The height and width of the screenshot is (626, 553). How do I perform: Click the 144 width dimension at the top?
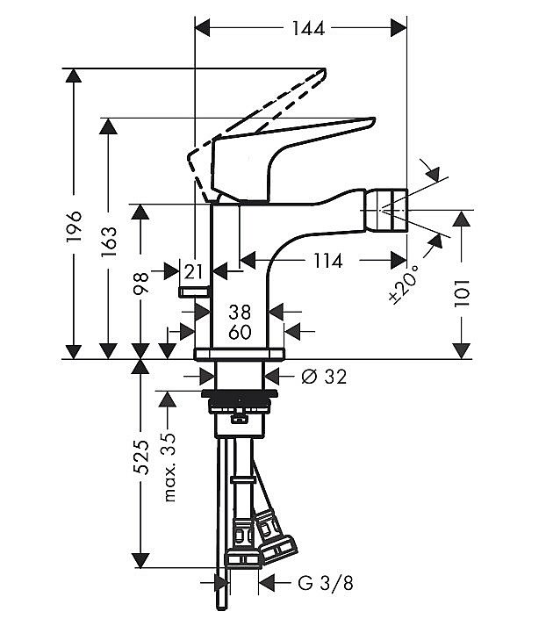(x=308, y=28)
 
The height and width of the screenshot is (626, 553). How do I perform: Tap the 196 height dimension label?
(x=75, y=227)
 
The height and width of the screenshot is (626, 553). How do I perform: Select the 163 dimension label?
(x=109, y=241)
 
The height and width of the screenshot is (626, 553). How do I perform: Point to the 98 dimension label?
(x=140, y=282)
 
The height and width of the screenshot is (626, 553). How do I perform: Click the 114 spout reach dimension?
(x=327, y=261)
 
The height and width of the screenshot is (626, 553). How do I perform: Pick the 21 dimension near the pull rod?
(x=194, y=272)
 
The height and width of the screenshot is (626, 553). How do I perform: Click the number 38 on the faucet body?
(x=240, y=312)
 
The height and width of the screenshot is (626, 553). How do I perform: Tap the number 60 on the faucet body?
(x=240, y=332)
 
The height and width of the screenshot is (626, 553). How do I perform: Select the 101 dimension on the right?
(x=462, y=293)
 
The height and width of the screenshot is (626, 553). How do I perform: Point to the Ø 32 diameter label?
(x=324, y=377)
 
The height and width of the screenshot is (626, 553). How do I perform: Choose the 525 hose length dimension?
(x=140, y=457)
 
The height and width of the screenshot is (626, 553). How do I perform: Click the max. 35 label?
(x=169, y=467)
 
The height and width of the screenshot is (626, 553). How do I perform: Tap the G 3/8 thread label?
(x=326, y=583)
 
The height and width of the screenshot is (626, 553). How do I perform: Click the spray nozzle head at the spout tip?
(x=384, y=210)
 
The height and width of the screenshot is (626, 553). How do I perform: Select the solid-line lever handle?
(x=279, y=160)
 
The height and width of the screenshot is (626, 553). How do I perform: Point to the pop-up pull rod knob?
(x=194, y=291)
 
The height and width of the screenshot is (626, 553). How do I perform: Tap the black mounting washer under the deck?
(x=239, y=393)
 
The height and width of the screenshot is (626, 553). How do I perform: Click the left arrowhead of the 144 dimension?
(x=202, y=28)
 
